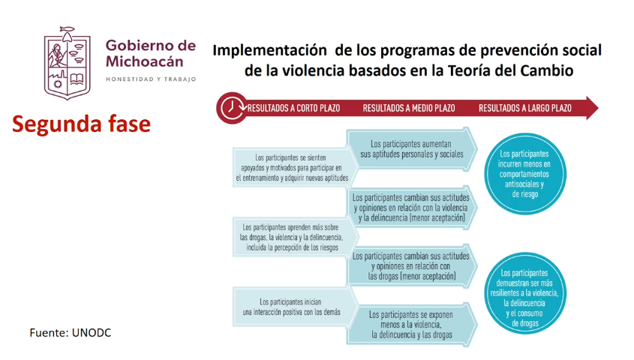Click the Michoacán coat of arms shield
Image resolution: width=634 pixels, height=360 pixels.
coord(67,64)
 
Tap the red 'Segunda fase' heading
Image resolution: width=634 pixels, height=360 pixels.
coord(81,124)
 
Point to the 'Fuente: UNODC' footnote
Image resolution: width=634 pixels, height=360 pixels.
coord(70,332)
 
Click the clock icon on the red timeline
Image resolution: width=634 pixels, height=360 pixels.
coord(232,108)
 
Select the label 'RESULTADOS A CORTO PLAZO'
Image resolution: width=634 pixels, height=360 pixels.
coord(293,108)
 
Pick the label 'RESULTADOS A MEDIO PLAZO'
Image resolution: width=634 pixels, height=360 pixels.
coord(409,108)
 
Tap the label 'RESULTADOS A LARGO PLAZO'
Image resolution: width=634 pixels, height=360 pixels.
coord(525,108)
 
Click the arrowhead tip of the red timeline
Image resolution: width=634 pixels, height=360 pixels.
coord(598,108)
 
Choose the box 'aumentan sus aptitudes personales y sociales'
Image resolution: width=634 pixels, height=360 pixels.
coord(412,149)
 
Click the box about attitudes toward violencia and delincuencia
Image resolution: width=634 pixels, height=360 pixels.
coord(412,208)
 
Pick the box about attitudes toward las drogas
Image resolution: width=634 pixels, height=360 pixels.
coord(412,266)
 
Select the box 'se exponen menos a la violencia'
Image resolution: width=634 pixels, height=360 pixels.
coord(412,325)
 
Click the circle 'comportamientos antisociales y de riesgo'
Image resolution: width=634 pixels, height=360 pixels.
coord(525,174)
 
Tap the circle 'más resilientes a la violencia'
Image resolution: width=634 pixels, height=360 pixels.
coord(525,293)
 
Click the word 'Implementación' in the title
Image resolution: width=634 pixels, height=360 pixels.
coord(269,50)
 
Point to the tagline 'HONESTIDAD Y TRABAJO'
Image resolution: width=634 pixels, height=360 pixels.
coord(151,79)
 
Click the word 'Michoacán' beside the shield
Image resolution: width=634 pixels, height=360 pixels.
coord(144,61)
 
